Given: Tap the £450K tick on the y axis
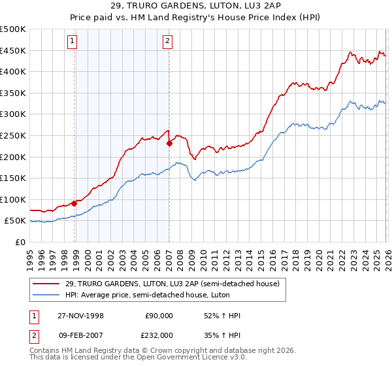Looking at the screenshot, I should (13, 51).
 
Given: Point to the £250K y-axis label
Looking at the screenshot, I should (13, 136).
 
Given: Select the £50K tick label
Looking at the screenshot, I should (16, 221).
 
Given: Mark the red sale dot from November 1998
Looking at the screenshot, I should (74, 203).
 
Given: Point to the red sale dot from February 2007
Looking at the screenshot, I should (169, 143).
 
